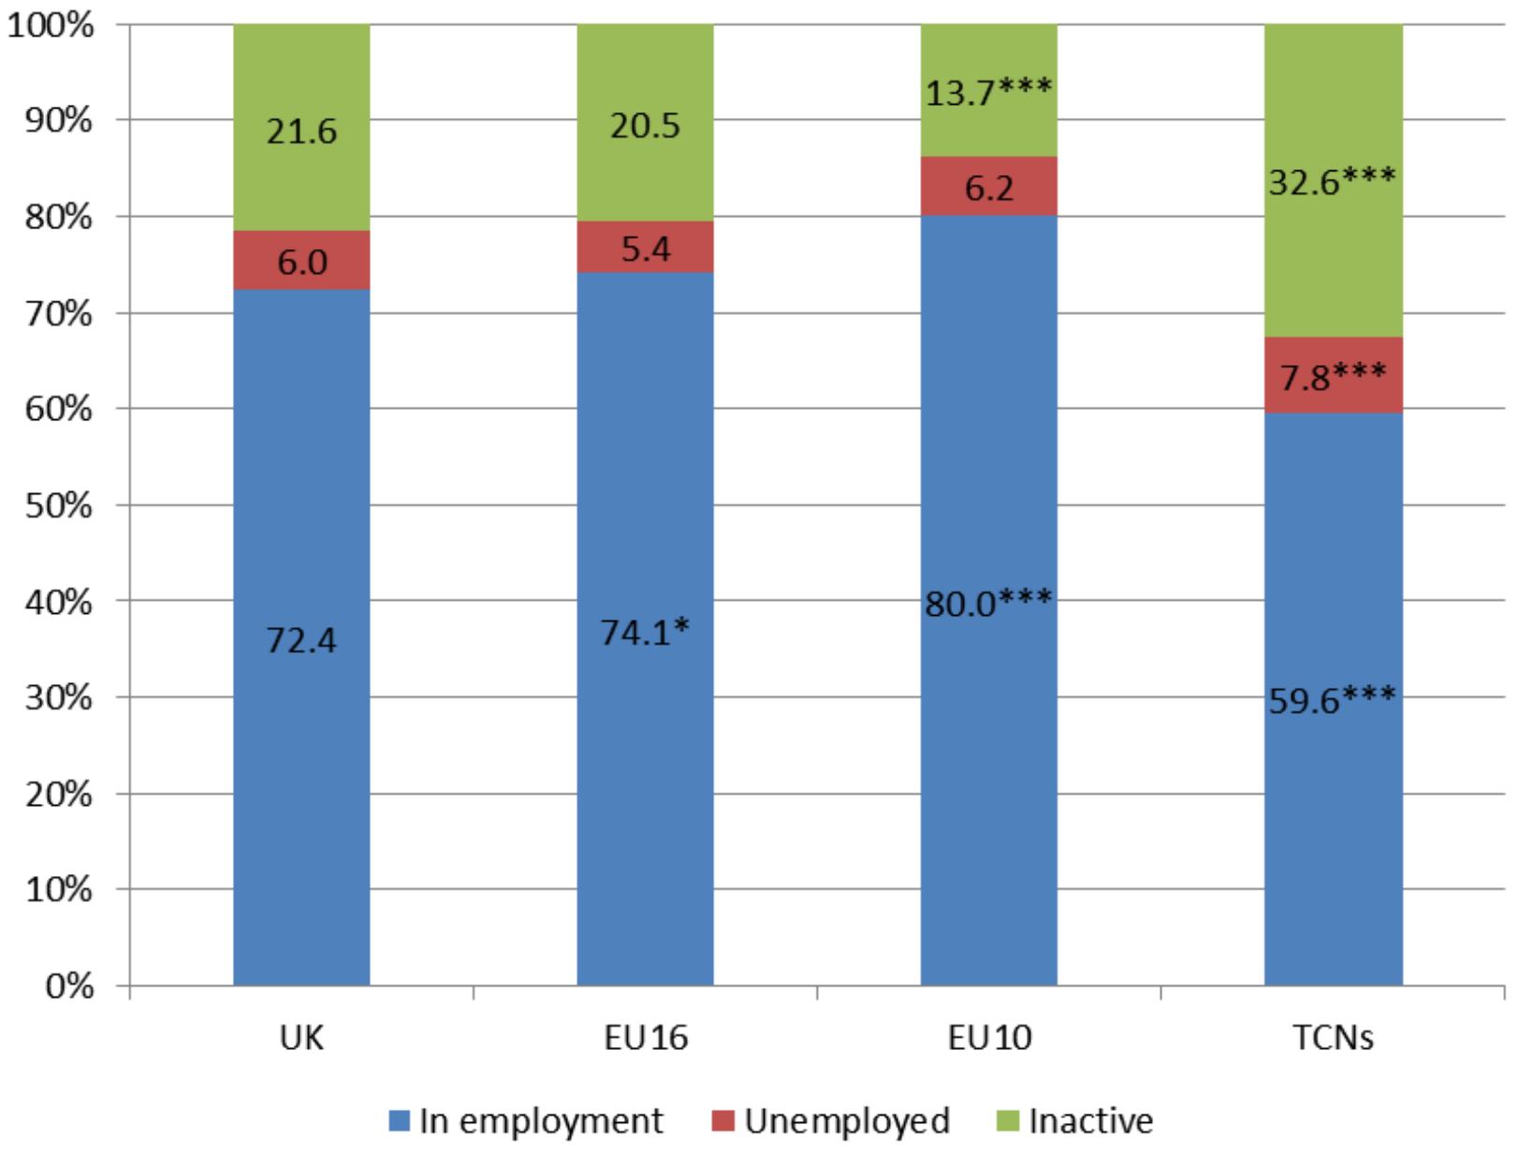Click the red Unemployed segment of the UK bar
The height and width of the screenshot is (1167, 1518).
tap(301, 260)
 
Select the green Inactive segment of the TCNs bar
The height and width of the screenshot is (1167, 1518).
tap(1333, 181)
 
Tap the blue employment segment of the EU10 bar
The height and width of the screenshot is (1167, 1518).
tap(988, 601)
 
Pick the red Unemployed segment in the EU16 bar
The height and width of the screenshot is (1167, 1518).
tap(645, 247)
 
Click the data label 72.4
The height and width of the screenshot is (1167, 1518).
tap(301, 640)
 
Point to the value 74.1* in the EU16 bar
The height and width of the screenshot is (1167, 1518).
tap(645, 633)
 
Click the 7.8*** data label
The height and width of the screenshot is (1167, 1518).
tap(1333, 377)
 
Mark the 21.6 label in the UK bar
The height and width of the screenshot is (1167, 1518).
tap(301, 131)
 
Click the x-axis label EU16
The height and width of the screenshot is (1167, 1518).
tap(646, 1038)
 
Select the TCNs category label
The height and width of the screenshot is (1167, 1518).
tap(1333, 1038)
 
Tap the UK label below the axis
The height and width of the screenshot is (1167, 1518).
tap(301, 1038)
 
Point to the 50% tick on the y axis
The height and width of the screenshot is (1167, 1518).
tap(58, 505)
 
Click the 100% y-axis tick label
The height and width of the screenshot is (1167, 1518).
tap(51, 26)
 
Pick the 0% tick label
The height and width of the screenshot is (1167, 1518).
tap(69, 986)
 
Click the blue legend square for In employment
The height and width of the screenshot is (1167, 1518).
tap(399, 1121)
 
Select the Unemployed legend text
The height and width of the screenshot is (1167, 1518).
tap(847, 1122)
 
